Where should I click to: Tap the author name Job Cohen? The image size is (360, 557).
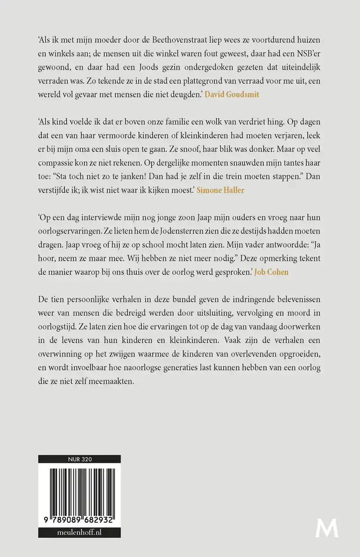coord(271,272)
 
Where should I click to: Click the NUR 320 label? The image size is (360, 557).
coord(79,459)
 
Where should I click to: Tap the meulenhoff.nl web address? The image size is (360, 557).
coord(79,533)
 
